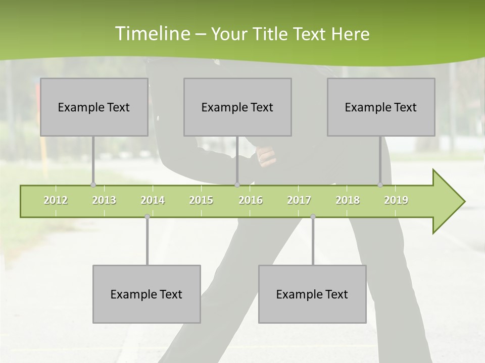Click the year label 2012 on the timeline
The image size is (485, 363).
click(x=56, y=200)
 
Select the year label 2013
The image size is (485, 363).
click(x=104, y=200)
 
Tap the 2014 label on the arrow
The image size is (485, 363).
click(x=153, y=200)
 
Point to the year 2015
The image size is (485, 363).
click(x=201, y=200)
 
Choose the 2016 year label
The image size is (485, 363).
click(x=251, y=200)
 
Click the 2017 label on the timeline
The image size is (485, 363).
click(x=299, y=200)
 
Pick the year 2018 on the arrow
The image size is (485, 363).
click(x=348, y=200)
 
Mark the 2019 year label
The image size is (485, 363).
click(x=396, y=200)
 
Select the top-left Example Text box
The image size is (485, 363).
click(x=94, y=107)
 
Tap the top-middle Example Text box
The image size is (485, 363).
click(x=237, y=107)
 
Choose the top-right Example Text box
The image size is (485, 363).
click(x=381, y=107)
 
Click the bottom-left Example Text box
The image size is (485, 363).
click(x=147, y=294)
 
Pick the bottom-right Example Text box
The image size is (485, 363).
click(x=312, y=294)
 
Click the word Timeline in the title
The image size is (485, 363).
click(x=152, y=34)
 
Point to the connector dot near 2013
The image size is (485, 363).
click(x=93, y=185)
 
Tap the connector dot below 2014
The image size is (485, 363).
click(x=147, y=217)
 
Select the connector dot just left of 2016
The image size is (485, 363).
click(x=237, y=185)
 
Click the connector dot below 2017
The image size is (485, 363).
click(x=313, y=217)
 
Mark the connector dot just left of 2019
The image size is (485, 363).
click(x=380, y=185)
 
